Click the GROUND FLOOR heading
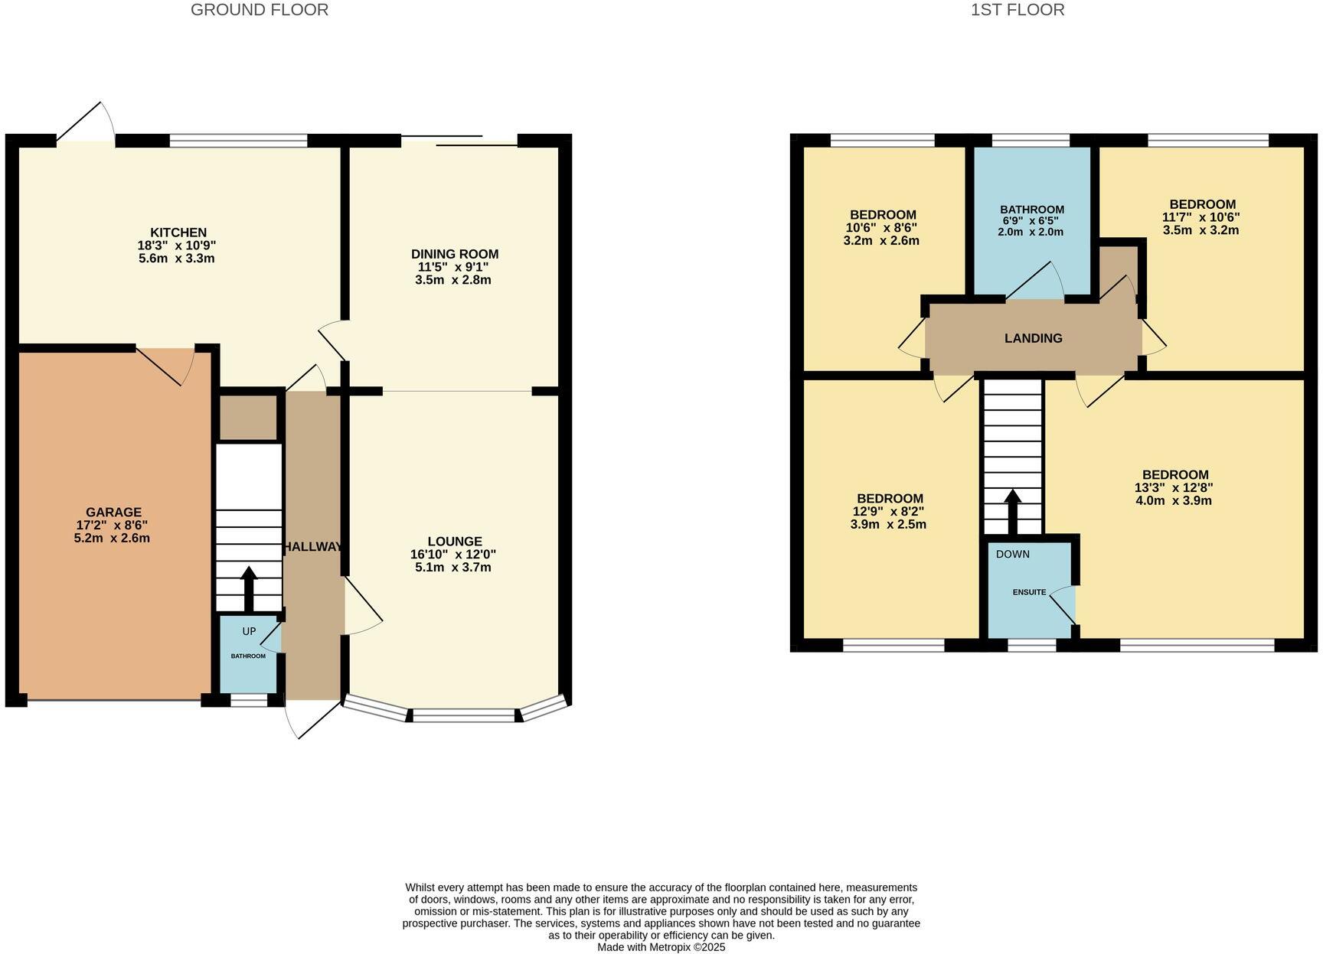[x=260, y=10]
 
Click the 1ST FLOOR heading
[x=1018, y=10]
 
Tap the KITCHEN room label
[x=178, y=233]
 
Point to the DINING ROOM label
[x=455, y=254]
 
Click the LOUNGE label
[x=455, y=542]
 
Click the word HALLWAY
[x=313, y=547]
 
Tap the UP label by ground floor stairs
[x=249, y=631]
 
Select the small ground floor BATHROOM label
[x=249, y=656]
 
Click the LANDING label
[x=1033, y=338]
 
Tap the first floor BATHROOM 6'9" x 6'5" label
[x=1031, y=210]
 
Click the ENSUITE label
[x=1029, y=592]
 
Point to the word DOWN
[x=1012, y=554]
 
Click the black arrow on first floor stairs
[x=1012, y=511]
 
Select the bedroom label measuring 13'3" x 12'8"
[x=1174, y=474]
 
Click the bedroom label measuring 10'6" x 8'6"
[x=882, y=215]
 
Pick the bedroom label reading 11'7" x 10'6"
[x=1201, y=204]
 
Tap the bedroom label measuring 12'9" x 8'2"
[x=889, y=499]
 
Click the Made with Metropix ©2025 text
[x=661, y=947]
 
